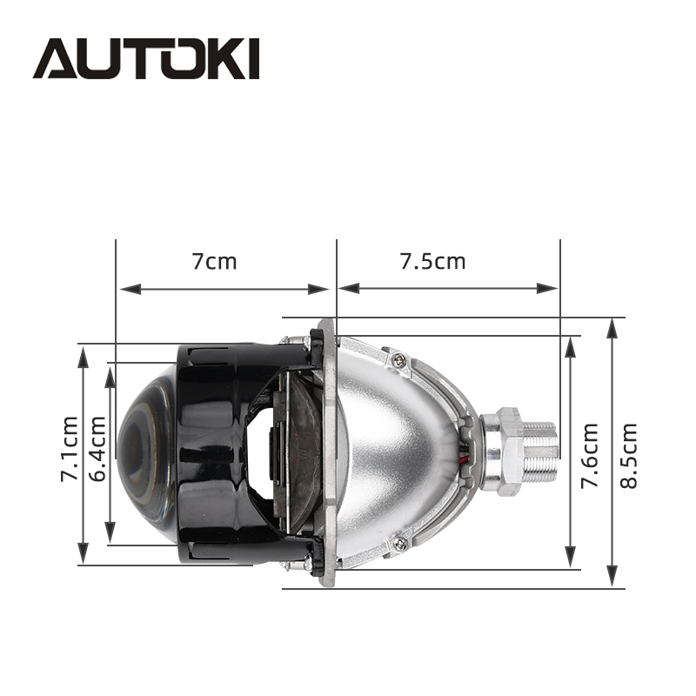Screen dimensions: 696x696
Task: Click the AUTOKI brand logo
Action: pyautogui.click(x=145, y=58)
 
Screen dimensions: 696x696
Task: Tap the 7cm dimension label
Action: pyautogui.click(x=214, y=262)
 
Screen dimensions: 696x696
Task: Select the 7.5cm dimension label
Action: pyautogui.click(x=432, y=262)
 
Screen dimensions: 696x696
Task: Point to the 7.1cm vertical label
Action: pyautogui.click(x=70, y=449)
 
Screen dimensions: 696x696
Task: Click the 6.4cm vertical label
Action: pyautogui.click(x=97, y=449)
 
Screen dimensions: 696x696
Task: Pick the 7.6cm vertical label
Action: pyautogui.click(x=590, y=455)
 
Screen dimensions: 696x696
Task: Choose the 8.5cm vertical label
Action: pyautogui.click(x=628, y=455)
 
